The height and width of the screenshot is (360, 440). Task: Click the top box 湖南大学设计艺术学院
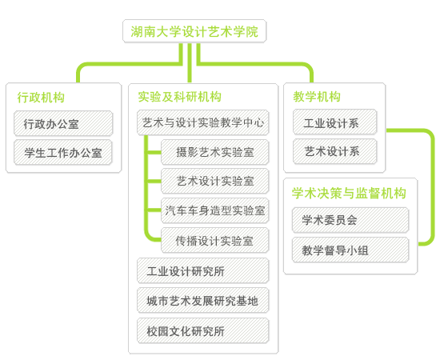(x=194, y=31)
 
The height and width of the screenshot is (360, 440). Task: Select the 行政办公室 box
(x=63, y=123)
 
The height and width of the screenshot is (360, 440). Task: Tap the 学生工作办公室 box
(x=63, y=153)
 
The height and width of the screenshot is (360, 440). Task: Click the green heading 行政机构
(x=41, y=98)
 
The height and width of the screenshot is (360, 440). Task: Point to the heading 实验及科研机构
(x=179, y=97)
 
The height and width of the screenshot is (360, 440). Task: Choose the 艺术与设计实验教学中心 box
(x=203, y=122)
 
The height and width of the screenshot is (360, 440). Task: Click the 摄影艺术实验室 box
(x=215, y=152)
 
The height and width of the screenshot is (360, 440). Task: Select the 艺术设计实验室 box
(x=215, y=181)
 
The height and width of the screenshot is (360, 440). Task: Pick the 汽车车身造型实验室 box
(x=215, y=210)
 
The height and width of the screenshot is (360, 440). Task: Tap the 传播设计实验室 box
(x=215, y=241)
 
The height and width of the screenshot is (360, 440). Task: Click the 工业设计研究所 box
(x=203, y=270)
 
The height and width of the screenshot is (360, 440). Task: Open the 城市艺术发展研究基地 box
(x=203, y=301)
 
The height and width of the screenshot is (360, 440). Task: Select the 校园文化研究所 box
(x=203, y=331)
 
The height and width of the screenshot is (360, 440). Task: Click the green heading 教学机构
(x=317, y=97)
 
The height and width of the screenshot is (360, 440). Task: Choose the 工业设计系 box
(x=334, y=122)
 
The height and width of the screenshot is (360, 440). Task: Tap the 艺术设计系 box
(x=334, y=151)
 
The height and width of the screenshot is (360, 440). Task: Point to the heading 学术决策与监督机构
(x=349, y=193)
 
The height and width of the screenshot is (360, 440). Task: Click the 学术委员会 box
(x=350, y=220)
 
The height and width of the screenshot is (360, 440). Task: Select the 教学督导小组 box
(x=350, y=250)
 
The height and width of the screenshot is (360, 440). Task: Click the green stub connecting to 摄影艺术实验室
(x=154, y=152)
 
